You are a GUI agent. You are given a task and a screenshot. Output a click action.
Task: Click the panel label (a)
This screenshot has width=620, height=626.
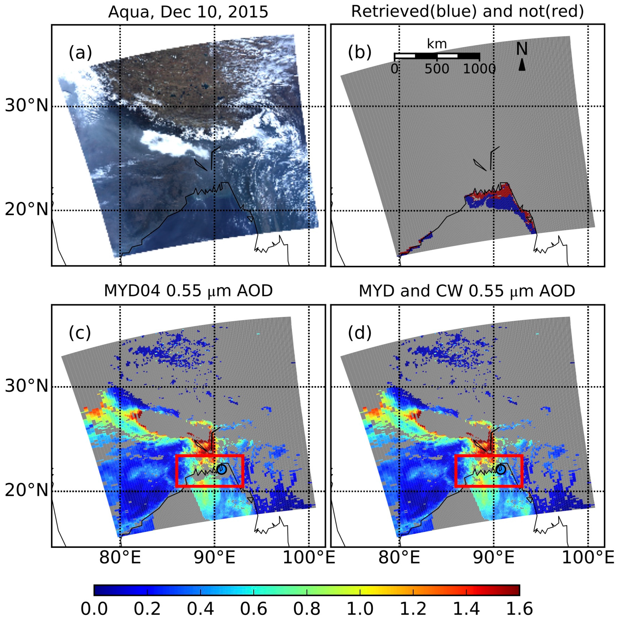click(80, 53)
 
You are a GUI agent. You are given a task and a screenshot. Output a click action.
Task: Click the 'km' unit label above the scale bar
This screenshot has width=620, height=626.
click(436, 43)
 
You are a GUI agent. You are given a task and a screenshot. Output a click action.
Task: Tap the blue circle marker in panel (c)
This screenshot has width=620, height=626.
click(221, 469)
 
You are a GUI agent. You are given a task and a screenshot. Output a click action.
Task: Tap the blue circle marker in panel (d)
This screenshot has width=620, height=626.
click(500, 469)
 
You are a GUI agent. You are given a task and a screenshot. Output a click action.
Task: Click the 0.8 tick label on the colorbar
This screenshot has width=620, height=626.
click(307, 609)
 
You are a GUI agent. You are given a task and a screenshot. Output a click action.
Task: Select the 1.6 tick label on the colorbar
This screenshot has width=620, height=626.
click(519, 609)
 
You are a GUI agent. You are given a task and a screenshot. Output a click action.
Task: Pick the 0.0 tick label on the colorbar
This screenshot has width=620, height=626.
click(94, 609)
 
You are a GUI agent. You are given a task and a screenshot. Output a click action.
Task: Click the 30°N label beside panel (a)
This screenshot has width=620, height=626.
click(26, 105)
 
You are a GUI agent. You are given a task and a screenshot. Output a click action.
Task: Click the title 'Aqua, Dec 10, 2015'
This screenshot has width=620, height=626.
click(188, 12)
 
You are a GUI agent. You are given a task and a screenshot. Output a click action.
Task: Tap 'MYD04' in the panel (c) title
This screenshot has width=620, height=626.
click(132, 291)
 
